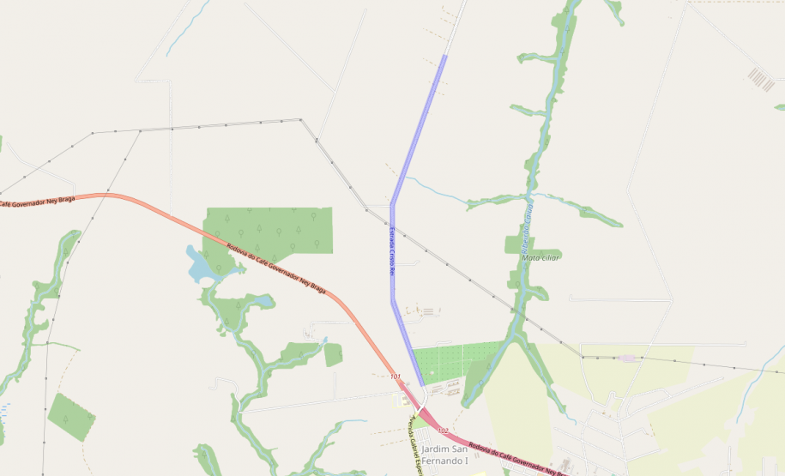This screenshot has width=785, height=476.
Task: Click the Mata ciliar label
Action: [x=540, y=257]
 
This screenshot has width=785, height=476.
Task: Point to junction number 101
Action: [x=395, y=377]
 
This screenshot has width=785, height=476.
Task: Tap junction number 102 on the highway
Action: [x=443, y=430]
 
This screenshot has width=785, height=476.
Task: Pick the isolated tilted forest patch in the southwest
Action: [x=70, y=416]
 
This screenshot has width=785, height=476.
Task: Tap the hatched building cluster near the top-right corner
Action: [x=760, y=80]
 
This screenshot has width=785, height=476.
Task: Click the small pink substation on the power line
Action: [x=629, y=358]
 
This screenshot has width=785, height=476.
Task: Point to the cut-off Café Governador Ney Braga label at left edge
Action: [x=38, y=202]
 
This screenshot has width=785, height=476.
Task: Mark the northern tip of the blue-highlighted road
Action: [x=445, y=57]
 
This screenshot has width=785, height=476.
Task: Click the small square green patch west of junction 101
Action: [x=333, y=354]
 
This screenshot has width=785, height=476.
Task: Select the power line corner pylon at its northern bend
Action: [x=300, y=120]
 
